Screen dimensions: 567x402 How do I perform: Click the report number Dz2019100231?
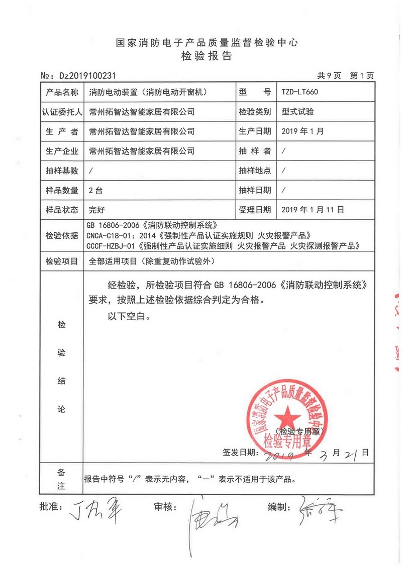point(87,76)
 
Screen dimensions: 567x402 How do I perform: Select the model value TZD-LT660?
point(300,92)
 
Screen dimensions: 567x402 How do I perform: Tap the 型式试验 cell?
point(298,112)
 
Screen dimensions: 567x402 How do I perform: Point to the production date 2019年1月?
point(303,131)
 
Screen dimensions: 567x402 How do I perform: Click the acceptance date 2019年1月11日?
point(313,210)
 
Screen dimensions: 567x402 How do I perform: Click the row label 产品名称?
point(62,92)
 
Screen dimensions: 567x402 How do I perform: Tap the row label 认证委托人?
point(62,112)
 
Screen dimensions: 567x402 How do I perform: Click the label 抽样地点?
point(255,171)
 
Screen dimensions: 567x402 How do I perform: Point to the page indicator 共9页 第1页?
point(345,76)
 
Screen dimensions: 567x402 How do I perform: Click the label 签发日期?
point(239,452)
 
